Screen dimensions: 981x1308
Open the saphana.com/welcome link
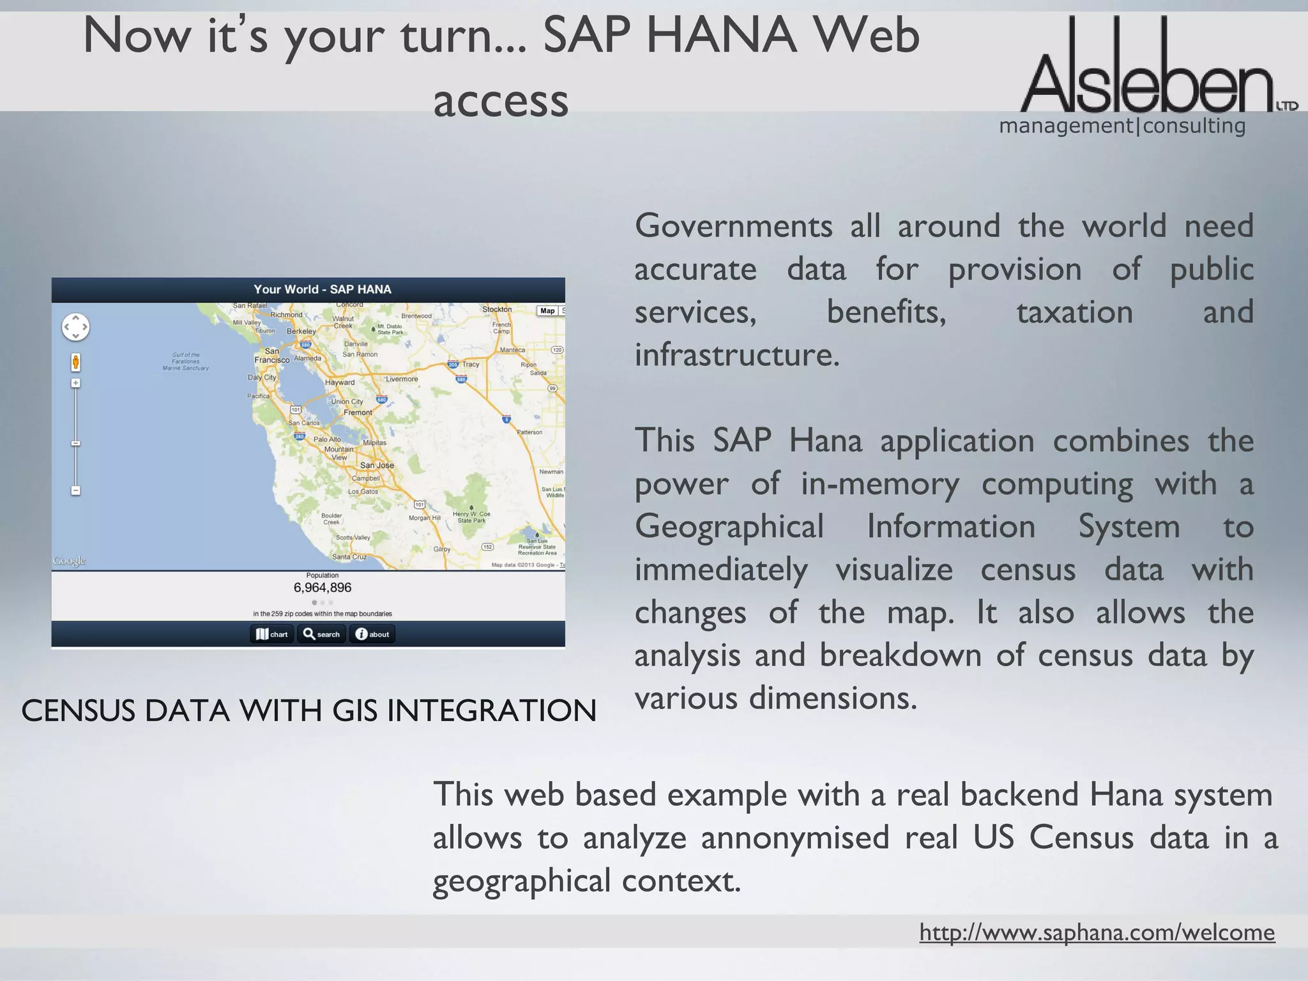coord(1097,932)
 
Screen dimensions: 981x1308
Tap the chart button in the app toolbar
coord(272,634)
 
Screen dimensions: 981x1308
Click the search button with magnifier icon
coord(321,634)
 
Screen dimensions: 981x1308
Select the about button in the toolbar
coord(372,634)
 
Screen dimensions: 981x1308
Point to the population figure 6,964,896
coord(323,588)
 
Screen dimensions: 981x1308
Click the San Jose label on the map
coord(377,465)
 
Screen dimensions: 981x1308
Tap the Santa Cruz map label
coord(349,556)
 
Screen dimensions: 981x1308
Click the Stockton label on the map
coord(497,309)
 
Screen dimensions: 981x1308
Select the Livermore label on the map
coord(402,379)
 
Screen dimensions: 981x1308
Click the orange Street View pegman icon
coord(75,362)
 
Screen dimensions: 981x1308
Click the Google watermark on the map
coord(69,561)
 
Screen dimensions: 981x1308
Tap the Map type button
coord(547,311)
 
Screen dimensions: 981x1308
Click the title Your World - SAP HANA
coord(323,289)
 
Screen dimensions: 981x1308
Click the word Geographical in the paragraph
coord(729,527)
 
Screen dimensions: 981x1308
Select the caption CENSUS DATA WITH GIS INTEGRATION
coord(308,711)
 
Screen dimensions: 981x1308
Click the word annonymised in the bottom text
coord(795,837)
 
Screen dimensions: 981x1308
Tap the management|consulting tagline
coord(1122,126)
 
